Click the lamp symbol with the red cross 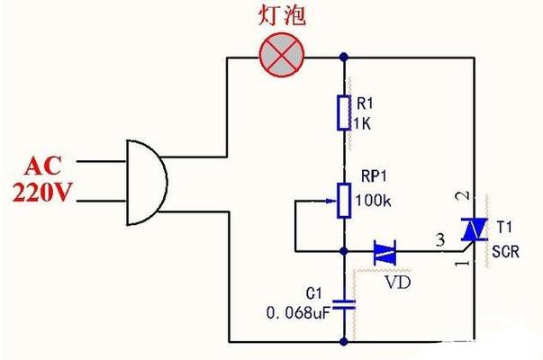[x=282, y=55]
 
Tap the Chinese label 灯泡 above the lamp [x=282, y=15]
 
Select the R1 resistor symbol [x=344, y=113]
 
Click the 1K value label [x=362, y=124]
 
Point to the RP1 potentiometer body [x=344, y=201]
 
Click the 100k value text [x=374, y=201]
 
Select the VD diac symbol [x=385, y=252]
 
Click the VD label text [x=398, y=283]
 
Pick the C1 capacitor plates [x=344, y=304]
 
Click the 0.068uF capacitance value [x=297, y=313]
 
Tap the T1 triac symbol [x=474, y=229]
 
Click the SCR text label [x=505, y=252]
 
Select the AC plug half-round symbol [x=147, y=183]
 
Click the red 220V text [x=42, y=192]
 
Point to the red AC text [x=43, y=166]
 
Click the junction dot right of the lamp [x=344, y=57]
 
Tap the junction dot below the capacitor [x=344, y=342]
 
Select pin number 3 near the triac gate [x=440, y=239]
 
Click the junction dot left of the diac [x=344, y=251]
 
